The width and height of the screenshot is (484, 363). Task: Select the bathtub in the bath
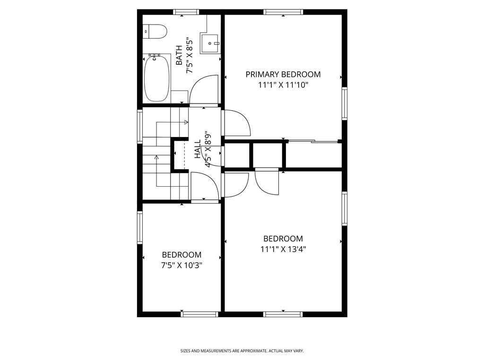click(x=157, y=78)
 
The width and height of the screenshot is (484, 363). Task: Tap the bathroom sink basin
click(x=210, y=43)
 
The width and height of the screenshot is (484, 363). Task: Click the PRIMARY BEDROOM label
click(x=283, y=74)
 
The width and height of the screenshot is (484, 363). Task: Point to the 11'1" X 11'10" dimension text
click(x=284, y=85)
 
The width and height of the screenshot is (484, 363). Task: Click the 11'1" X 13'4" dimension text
click(x=283, y=249)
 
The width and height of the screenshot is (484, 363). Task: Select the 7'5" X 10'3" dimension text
click(x=182, y=265)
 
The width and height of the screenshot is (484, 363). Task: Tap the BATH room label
click(x=179, y=56)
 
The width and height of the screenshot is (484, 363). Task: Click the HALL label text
click(x=198, y=149)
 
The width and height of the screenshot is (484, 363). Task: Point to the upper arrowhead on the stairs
click(x=186, y=122)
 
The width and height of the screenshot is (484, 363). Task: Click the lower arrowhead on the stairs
click(x=156, y=157)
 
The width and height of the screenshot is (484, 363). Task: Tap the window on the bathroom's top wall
click(x=185, y=12)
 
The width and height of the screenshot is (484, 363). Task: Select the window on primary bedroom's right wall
click(x=345, y=104)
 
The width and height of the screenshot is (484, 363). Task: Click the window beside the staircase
click(x=140, y=126)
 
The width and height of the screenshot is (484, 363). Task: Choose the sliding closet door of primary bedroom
click(x=312, y=142)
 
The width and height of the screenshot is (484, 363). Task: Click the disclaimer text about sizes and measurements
click(x=242, y=351)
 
